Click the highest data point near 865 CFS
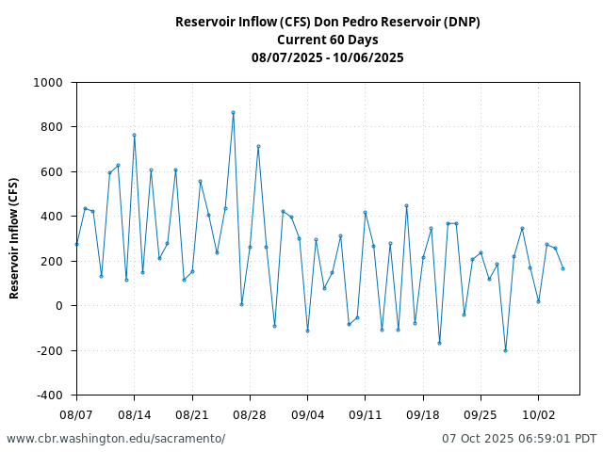pos(233,113)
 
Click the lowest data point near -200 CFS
pos(505,350)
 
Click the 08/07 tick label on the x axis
pos(76,414)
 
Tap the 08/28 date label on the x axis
pos(250,414)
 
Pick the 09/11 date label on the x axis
pos(365,414)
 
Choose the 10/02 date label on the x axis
pos(538,414)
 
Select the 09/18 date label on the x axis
pos(423,414)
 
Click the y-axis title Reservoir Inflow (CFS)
pos(14,238)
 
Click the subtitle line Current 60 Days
pos(327,40)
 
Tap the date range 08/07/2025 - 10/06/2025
pos(327,57)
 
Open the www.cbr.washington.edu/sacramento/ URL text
pos(116,439)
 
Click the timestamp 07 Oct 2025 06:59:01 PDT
pos(519,439)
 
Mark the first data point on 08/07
pos(76,244)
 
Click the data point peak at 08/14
pos(134,135)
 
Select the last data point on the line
pos(562,268)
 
